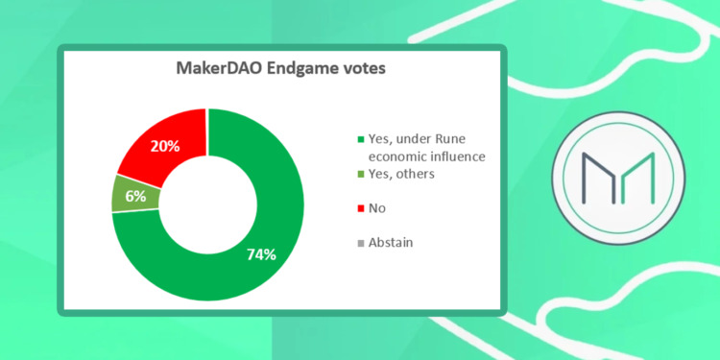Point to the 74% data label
click(x=260, y=254)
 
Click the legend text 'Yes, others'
click(x=403, y=174)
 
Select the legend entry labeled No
click(x=377, y=208)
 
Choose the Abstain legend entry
click(x=394, y=243)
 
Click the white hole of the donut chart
click(x=208, y=204)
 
